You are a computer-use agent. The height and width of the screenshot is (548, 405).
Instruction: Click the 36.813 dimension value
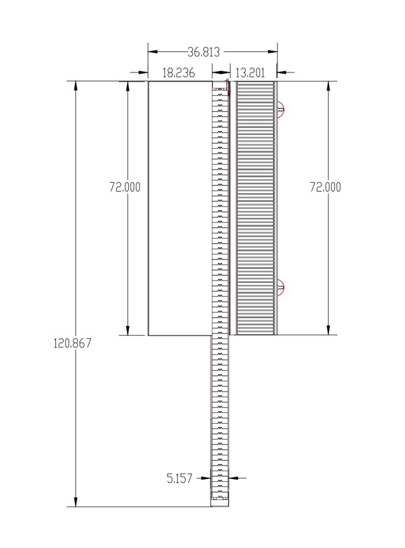(204, 52)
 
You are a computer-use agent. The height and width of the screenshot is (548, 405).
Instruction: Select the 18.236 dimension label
(179, 73)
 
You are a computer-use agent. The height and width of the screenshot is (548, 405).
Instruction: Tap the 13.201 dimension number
(250, 73)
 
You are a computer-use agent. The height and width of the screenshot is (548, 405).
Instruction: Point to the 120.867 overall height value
(72, 343)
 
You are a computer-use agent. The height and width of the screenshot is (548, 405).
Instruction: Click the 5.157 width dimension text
(179, 478)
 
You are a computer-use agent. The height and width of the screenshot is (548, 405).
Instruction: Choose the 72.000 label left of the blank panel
(125, 187)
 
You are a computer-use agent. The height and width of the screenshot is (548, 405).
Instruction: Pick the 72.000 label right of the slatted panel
(326, 187)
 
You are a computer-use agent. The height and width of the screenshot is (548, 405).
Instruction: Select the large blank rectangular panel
(180, 208)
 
